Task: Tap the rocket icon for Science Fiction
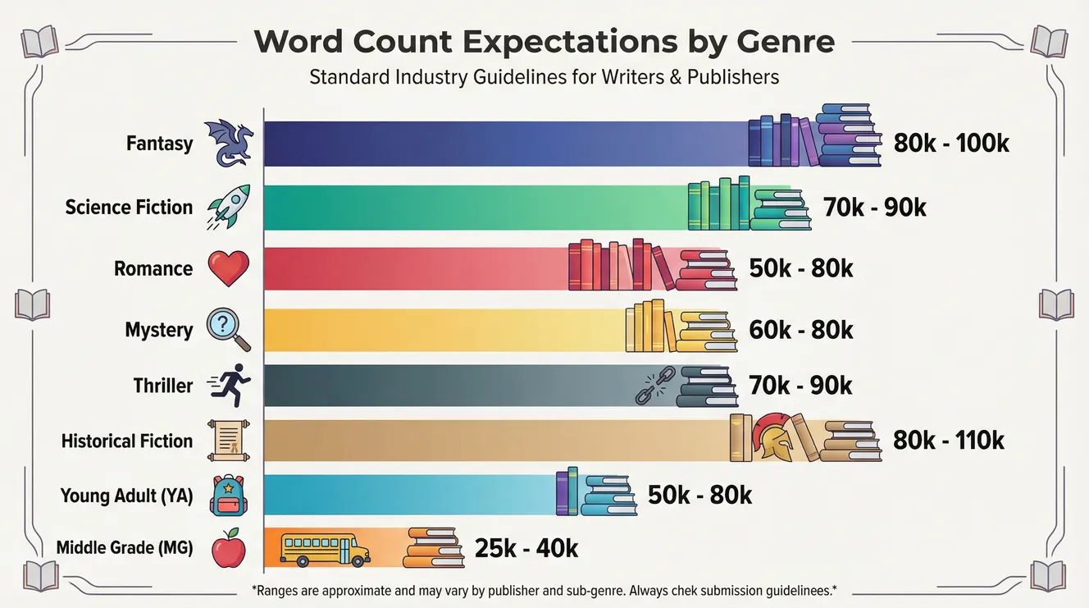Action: (x=229, y=207)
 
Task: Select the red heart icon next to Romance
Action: (x=229, y=268)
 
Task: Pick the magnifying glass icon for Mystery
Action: (x=229, y=329)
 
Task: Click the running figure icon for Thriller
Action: (x=230, y=385)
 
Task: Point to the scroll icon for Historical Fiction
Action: (x=229, y=441)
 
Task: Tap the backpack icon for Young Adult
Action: (x=228, y=496)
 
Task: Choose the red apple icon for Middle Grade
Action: (x=229, y=548)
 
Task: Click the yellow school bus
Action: (x=324, y=549)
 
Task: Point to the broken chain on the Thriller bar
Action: (x=655, y=385)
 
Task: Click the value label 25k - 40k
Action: (x=526, y=548)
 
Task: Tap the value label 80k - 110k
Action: (x=949, y=441)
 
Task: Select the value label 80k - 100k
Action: (x=951, y=144)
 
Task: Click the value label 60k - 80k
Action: (x=801, y=330)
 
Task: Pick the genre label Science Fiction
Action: (x=129, y=208)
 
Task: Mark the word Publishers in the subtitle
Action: (x=734, y=78)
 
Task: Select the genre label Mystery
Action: (x=158, y=330)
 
